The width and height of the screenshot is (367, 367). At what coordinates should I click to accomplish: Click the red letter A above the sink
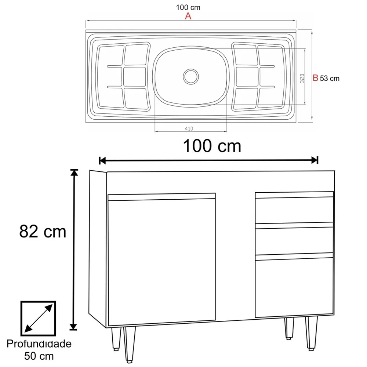pyautogui.click(x=188, y=16)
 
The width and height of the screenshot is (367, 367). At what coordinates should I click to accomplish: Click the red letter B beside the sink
pyautogui.click(x=315, y=78)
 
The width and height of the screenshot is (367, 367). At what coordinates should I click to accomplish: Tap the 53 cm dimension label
pyautogui.click(x=330, y=78)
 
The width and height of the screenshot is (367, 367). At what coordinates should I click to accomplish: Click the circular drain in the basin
pyautogui.click(x=191, y=76)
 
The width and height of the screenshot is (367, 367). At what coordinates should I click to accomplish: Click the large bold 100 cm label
pyautogui.click(x=212, y=146)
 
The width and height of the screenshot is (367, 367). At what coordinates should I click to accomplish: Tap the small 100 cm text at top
pyautogui.click(x=188, y=7)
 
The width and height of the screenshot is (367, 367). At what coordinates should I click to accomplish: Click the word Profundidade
pyautogui.click(x=39, y=344)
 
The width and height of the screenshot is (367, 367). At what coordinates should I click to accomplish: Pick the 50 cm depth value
pyautogui.click(x=39, y=355)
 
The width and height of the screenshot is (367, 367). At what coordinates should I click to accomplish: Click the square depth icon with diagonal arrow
pyautogui.click(x=39, y=318)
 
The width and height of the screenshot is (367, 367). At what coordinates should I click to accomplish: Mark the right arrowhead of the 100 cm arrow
pyautogui.click(x=315, y=160)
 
